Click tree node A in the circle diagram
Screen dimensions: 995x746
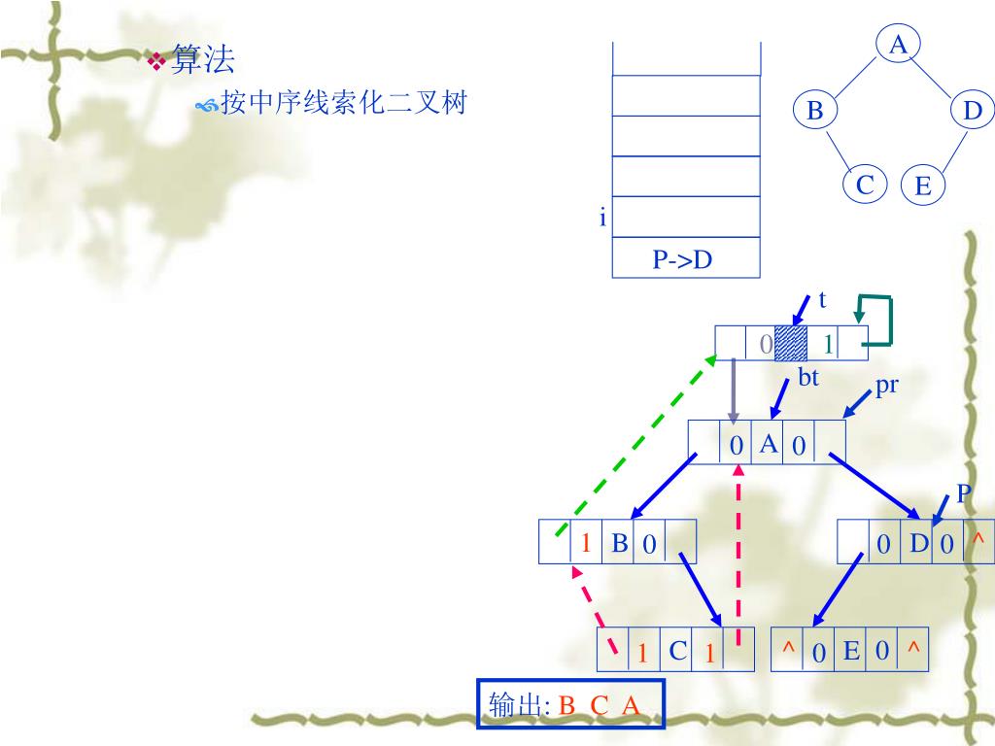[899, 44]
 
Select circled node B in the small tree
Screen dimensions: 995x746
[814, 111]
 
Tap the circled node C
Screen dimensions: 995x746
[865, 185]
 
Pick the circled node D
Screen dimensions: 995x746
[973, 111]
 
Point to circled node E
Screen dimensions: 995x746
[923, 186]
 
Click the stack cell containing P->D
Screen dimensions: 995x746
[685, 259]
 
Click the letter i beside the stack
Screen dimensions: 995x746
[602, 219]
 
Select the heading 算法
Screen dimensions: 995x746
[203, 61]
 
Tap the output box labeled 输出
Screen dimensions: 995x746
[570, 704]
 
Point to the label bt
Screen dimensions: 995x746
[808, 378]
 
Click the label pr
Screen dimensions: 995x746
[886, 386]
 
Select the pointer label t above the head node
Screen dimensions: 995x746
[822, 300]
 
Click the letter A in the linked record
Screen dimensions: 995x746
[768, 444]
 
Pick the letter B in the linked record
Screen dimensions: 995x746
[619, 543]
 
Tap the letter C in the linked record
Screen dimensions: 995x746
[678, 651]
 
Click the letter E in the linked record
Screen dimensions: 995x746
[851, 651]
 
